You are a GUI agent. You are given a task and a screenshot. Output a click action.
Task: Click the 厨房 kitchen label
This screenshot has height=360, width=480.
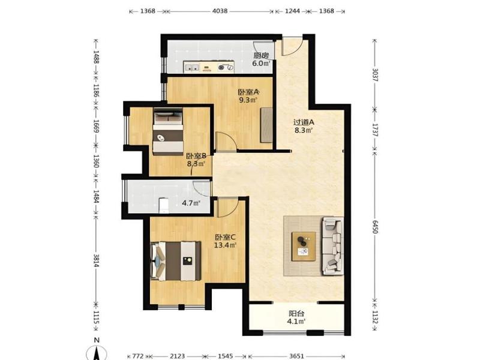(261, 56)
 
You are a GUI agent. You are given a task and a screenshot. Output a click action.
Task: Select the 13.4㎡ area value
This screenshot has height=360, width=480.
(225, 245)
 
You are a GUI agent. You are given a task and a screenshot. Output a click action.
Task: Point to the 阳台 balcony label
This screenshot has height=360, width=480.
(296, 314)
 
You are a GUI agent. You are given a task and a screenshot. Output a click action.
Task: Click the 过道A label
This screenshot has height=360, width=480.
(304, 122)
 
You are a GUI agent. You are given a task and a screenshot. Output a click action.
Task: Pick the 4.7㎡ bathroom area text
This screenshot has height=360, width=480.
(191, 203)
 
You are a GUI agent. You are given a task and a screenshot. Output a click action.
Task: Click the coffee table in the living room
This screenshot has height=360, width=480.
(304, 247)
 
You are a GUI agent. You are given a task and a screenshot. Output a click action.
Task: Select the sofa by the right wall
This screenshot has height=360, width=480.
(332, 246)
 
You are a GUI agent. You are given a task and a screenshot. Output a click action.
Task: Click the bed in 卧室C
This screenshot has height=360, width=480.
(176, 261)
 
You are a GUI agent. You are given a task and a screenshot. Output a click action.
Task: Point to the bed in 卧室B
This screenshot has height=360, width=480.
(168, 131)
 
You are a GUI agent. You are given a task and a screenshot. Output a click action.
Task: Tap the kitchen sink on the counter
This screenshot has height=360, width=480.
(192, 67)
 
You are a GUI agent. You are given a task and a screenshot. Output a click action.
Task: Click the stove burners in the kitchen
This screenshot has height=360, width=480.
(226, 67)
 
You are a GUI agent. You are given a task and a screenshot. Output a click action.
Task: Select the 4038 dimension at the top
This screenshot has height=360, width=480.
(220, 11)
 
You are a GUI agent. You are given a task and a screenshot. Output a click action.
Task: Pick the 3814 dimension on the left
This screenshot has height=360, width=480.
(96, 260)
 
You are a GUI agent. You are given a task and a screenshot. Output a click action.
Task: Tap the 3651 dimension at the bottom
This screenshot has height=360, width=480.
(296, 356)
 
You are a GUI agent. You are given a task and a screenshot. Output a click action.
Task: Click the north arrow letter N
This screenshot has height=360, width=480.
(97, 340)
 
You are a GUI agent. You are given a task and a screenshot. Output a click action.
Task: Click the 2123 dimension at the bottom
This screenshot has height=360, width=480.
(177, 356)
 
